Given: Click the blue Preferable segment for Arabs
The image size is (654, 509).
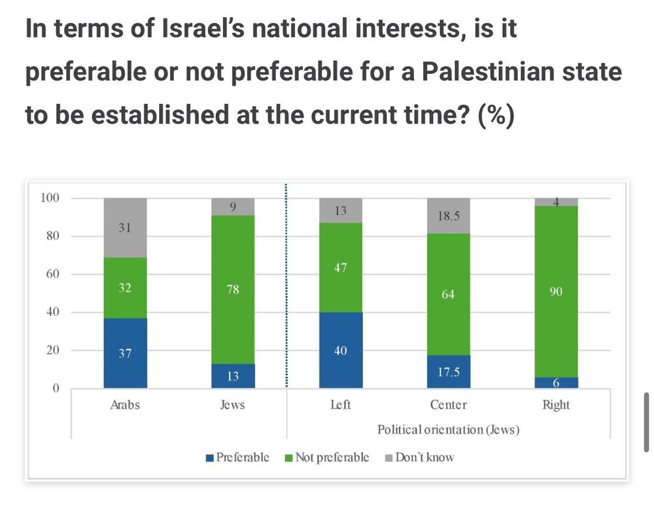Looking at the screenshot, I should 125,353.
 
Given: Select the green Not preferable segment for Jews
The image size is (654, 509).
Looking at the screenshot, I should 233,290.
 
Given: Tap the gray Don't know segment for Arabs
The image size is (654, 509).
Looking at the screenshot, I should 125,228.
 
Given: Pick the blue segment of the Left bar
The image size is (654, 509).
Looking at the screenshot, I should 340,351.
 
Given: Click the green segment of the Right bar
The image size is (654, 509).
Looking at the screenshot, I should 556,292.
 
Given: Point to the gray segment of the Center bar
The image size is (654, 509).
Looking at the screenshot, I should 448,216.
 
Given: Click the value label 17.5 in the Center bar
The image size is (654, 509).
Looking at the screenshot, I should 448,373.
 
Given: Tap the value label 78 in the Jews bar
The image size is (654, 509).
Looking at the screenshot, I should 233,290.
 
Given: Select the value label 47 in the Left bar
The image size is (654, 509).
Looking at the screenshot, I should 340,268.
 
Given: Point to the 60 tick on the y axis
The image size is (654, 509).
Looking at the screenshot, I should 50,274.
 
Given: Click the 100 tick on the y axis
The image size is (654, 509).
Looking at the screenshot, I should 49,198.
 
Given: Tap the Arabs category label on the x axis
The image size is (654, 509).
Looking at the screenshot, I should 125,405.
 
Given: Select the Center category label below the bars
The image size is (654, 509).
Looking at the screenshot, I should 448,405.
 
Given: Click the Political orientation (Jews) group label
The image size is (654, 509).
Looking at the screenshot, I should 448,430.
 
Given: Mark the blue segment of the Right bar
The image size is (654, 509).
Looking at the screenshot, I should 556,383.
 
